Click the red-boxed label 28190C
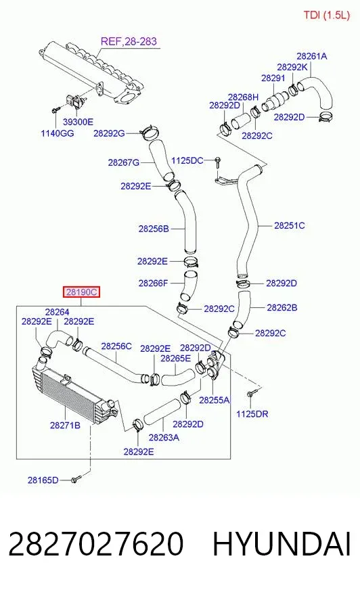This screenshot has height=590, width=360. click(x=82, y=292)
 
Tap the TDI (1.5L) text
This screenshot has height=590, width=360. click(x=327, y=15)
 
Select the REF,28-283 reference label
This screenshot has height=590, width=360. click(x=129, y=41)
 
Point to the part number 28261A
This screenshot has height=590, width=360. click(x=312, y=56)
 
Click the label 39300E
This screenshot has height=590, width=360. click(x=78, y=122)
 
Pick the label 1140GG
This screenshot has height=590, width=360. click(x=58, y=133)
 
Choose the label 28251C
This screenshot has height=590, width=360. click(x=289, y=226)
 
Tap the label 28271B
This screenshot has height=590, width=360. click(x=65, y=425)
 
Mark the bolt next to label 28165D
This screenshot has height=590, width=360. click(x=76, y=479)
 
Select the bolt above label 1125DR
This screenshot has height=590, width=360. click(x=251, y=394)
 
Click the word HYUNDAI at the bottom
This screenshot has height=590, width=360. click(x=282, y=544)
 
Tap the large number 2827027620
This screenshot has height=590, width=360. click(x=96, y=544)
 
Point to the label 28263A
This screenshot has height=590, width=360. click(x=164, y=437)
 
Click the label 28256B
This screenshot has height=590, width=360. click(x=154, y=229)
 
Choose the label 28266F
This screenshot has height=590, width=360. click(x=153, y=283)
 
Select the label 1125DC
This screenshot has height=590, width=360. click(x=187, y=160)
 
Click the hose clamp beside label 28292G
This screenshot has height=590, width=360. click(x=150, y=132)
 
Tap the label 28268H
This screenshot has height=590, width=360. click(x=244, y=97)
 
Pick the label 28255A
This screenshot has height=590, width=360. click(x=215, y=400)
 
